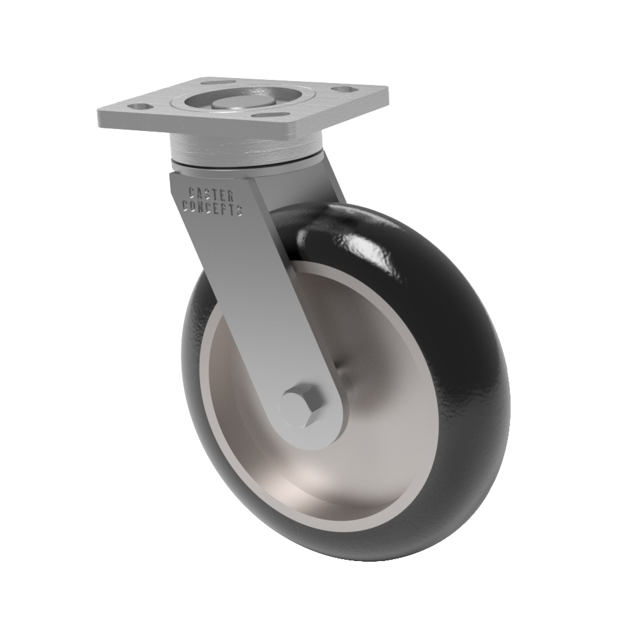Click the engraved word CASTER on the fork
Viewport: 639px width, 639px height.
(211, 194)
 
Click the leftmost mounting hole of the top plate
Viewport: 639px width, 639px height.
(141, 107)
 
